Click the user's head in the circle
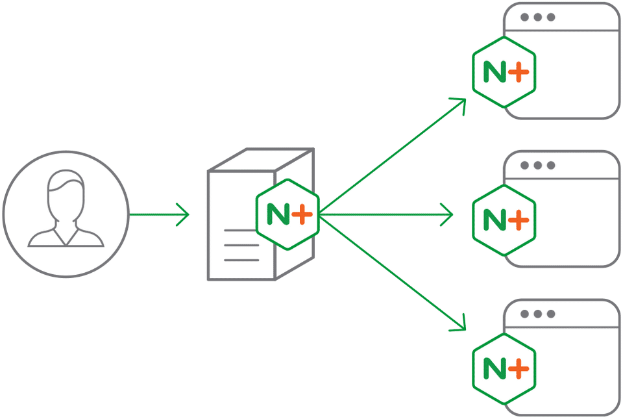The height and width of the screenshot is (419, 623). (x=65, y=194)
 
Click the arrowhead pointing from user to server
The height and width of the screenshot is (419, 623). (x=184, y=214)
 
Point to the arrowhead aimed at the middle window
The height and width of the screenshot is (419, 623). (x=447, y=214)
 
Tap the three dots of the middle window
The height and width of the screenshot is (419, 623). (x=538, y=166)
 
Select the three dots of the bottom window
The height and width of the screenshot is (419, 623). (x=538, y=314)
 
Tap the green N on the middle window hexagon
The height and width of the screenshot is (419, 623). (x=495, y=221)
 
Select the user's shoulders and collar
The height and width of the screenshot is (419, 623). (x=65, y=236)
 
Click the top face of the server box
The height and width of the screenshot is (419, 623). (x=260, y=160)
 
